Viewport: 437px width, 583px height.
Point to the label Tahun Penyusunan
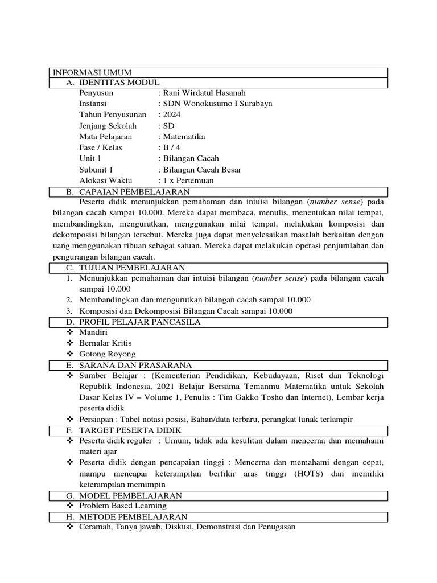point(113,115)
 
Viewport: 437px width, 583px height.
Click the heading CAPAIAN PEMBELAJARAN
point(134,192)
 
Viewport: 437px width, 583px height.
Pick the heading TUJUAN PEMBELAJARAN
point(131,268)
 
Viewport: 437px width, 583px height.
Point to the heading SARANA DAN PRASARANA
point(135,365)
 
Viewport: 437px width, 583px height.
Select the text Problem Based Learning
point(123,506)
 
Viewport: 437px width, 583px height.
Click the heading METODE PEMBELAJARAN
point(133,516)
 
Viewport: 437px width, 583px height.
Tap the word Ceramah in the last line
point(95,528)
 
